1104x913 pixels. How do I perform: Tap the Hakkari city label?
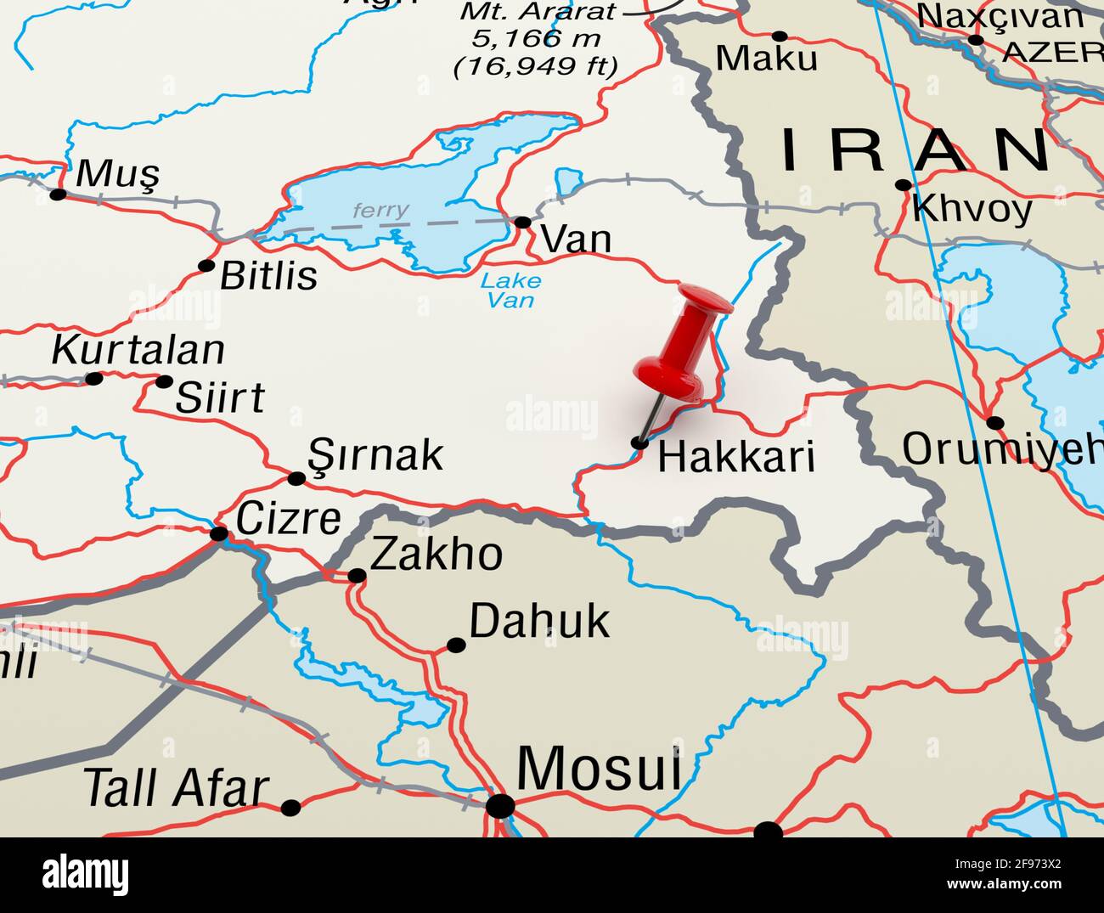pyautogui.click(x=736, y=456)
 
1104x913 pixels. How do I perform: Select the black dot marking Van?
pyautogui.click(x=523, y=223)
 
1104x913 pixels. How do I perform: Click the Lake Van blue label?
pyautogui.click(x=510, y=290)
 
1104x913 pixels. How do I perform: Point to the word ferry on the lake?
pyautogui.click(x=380, y=210)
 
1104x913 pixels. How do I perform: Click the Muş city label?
pyautogui.click(x=117, y=174)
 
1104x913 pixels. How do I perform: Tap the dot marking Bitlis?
pyautogui.click(x=206, y=266)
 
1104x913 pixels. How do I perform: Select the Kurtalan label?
pyautogui.click(x=138, y=350)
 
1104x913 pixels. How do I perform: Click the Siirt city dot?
pyautogui.click(x=164, y=381)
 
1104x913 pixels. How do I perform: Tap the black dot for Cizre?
pyautogui.click(x=219, y=534)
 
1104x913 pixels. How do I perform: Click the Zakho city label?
pyautogui.click(x=437, y=555)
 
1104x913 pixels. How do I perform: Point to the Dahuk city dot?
pyautogui.click(x=456, y=645)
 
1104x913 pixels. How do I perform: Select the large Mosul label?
pyautogui.click(x=599, y=769)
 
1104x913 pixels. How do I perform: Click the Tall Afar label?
pyautogui.click(x=177, y=788)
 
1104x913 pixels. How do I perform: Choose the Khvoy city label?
pyautogui.click(x=972, y=209)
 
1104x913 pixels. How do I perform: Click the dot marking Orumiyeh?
pyautogui.click(x=995, y=423)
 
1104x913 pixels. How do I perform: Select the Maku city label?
pyautogui.click(x=767, y=59)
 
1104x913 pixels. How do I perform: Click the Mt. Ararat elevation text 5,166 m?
pyautogui.click(x=537, y=38)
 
